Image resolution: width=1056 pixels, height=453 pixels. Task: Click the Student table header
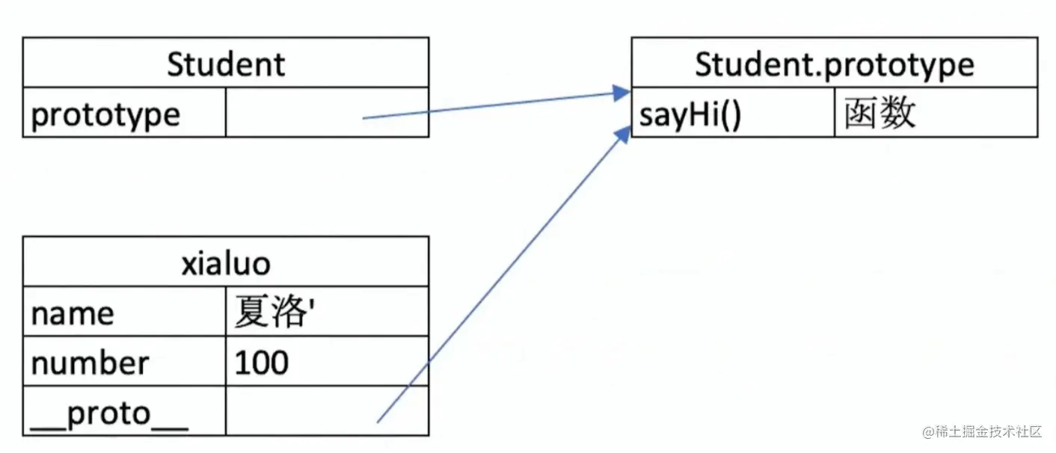pos(226,63)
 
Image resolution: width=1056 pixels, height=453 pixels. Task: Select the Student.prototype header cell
pos(835,63)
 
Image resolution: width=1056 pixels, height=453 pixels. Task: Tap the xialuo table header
pos(226,262)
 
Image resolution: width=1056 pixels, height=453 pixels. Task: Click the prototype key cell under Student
pos(124,112)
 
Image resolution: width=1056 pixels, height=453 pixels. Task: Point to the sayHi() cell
pos(733,112)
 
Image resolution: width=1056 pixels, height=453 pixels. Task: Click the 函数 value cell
pos(936,112)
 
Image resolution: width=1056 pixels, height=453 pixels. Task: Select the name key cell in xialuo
pos(124,311)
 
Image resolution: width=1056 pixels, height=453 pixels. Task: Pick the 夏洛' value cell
pos(327,311)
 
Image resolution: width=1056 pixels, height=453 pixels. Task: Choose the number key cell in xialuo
pos(124,361)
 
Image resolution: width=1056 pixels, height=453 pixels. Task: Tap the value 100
pos(261,363)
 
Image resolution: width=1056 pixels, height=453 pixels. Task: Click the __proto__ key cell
pos(124,410)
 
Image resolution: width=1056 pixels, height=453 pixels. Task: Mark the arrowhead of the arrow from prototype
pos(621,93)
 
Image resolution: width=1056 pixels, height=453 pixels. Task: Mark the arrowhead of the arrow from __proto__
pos(623,134)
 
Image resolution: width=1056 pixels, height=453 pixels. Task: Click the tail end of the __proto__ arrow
pos(378,422)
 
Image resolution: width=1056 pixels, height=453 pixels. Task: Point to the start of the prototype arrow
pos(363,118)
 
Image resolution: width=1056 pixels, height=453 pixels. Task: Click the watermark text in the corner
pos(981,431)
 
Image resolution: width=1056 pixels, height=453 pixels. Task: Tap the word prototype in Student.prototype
pos(900,65)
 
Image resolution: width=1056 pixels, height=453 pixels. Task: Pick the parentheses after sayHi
pos(731,114)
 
